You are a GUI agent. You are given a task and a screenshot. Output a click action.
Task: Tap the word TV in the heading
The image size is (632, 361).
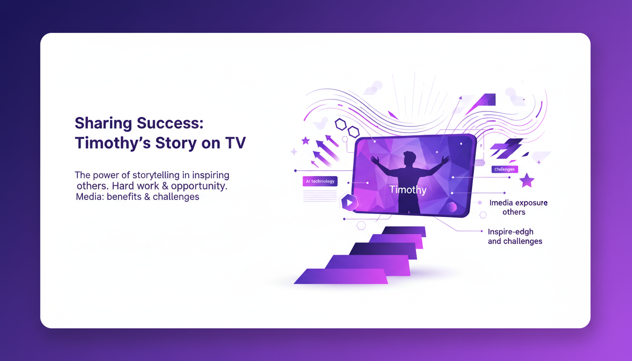[x=235, y=142]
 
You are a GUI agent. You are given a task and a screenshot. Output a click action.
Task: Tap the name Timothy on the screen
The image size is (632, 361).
[x=408, y=190]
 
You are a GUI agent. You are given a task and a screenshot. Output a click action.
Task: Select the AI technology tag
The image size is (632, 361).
[x=320, y=181]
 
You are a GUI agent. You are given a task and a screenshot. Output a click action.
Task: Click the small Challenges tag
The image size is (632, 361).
[x=505, y=169]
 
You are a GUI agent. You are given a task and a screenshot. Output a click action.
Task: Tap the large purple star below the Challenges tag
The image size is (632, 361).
[x=527, y=180]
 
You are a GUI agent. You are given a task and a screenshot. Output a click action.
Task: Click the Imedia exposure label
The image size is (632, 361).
[x=518, y=203]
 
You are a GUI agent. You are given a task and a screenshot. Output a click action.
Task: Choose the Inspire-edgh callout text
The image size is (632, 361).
[x=510, y=232]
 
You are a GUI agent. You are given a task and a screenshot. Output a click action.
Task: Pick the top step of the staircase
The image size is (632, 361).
[x=403, y=231]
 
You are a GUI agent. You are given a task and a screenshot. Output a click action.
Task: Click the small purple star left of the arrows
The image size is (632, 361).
[x=305, y=140]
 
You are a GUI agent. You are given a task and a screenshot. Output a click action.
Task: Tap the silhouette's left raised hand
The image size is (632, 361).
[x=375, y=159]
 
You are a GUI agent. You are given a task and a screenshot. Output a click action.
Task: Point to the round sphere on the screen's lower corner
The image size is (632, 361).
[x=452, y=207]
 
